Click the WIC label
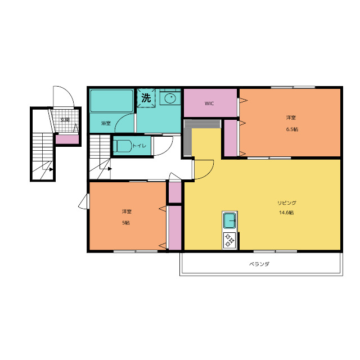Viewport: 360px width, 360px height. (x=209, y=103)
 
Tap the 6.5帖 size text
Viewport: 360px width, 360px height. (x=292, y=129)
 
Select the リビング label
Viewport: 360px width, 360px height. (x=287, y=202)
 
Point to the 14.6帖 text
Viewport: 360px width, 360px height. (x=286, y=213)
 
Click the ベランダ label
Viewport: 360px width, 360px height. (x=259, y=264)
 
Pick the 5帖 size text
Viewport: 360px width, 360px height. (x=126, y=223)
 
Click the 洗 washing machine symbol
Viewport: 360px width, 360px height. (x=146, y=98)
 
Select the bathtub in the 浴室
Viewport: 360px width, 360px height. (x=111, y=101)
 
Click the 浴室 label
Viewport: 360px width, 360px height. (x=106, y=123)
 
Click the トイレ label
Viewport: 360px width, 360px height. (x=139, y=146)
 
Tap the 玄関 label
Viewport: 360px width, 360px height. (x=65, y=120)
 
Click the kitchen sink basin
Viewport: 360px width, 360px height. (x=229, y=220)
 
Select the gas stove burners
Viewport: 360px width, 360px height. (x=229, y=240)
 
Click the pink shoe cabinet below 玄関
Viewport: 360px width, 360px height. (x=67, y=139)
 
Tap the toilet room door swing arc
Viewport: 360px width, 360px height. (x=167, y=150)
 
